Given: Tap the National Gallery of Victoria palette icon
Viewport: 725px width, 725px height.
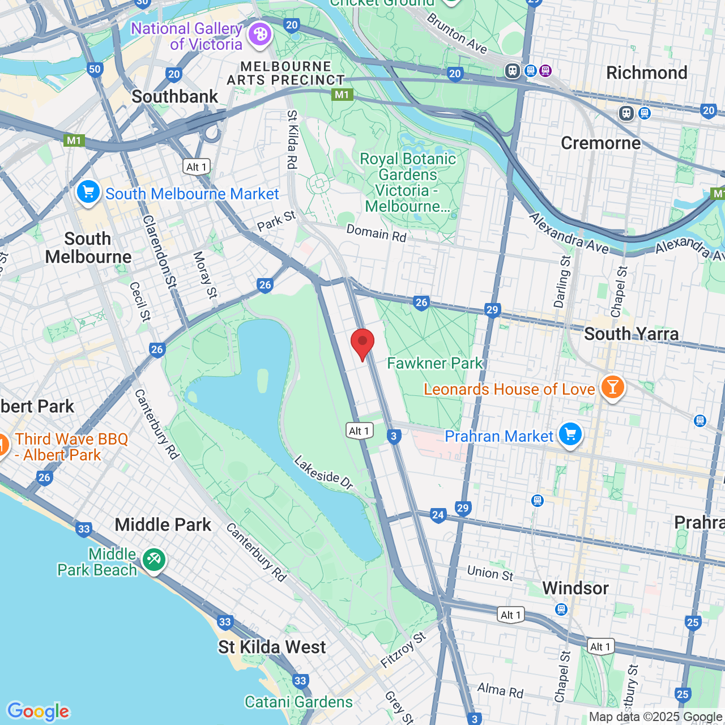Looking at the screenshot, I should (260, 35).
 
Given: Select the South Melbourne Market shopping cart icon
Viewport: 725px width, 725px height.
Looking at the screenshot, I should (88, 192).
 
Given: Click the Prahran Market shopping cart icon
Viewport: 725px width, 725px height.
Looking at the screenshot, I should (570, 434).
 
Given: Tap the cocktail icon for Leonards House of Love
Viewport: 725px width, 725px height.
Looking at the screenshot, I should (612, 387).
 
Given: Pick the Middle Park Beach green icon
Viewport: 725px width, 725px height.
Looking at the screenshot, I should (153, 560).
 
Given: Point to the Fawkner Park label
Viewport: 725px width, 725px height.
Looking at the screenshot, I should (435, 363).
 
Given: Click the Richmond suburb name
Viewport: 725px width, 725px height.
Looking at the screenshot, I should (646, 73).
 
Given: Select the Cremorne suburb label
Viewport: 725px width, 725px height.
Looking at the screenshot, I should (600, 143).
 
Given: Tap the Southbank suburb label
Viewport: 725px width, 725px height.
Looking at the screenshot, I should (174, 97).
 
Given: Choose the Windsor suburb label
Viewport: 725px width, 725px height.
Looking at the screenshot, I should (575, 588).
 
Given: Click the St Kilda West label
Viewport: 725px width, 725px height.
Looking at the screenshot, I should (272, 647).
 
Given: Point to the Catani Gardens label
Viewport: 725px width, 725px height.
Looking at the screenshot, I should (298, 702).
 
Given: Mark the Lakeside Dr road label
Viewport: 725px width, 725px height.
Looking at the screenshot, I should (323, 472).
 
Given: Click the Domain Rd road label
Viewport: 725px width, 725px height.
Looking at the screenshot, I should (376, 233).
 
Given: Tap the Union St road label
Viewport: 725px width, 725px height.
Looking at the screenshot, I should (490, 573).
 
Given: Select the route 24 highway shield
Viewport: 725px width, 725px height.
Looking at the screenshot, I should (438, 515).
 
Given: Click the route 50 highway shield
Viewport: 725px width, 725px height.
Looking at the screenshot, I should (95, 69).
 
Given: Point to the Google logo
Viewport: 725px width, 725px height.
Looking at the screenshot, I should (39, 711).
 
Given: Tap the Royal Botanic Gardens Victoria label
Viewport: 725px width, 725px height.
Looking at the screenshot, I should (408, 182).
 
